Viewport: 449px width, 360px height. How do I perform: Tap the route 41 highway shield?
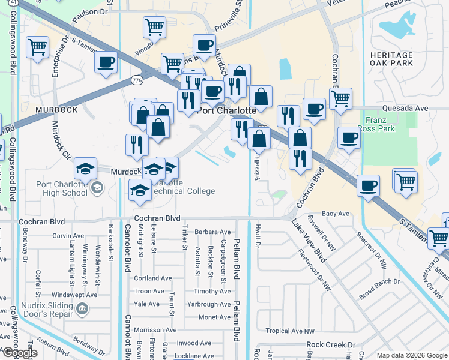(5, 4)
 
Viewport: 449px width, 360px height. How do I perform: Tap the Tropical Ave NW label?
(290, 331)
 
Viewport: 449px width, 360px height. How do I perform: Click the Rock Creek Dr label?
(331, 345)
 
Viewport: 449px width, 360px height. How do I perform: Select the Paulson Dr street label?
(93, 11)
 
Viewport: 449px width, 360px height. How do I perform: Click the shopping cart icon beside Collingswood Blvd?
(38, 46)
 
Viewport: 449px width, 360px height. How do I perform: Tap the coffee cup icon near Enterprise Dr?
(106, 62)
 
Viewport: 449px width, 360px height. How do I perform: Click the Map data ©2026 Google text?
(412, 355)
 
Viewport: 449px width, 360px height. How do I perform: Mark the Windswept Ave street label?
(74, 295)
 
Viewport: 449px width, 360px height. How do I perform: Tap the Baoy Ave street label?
(336, 214)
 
